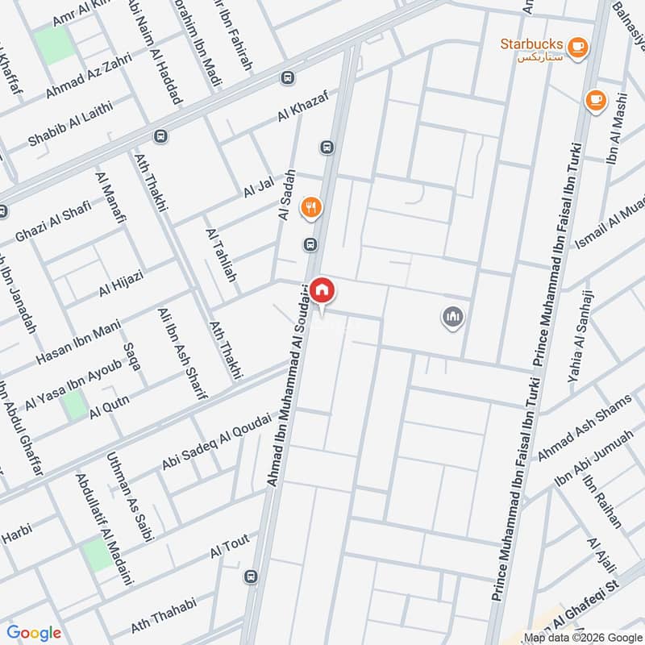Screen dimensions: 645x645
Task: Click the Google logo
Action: (x=34, y=633)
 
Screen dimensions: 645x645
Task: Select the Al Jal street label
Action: (x=258, y=187)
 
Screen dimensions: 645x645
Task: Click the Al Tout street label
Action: (x=230, y=547)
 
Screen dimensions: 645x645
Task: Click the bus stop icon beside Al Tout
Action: (x=252, y=577)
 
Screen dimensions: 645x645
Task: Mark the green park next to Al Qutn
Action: (x=74, y=404)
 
